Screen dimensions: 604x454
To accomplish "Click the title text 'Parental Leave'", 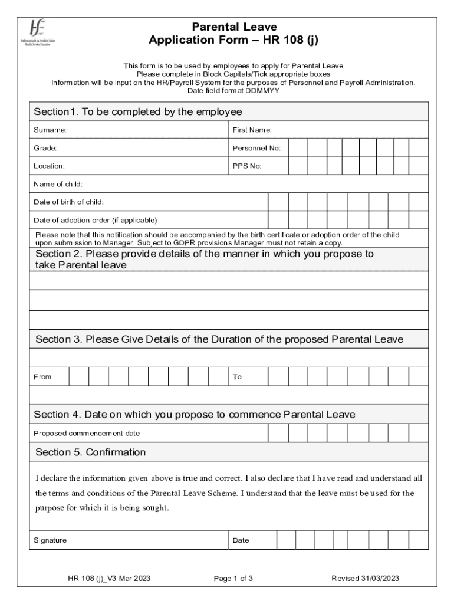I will pos(234,27).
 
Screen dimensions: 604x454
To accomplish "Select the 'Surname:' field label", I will pos(50,129).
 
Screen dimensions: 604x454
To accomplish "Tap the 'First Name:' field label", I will pos(252,129).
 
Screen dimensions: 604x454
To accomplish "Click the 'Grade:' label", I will pos(45,148).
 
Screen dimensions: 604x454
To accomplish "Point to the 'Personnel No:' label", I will pos(256,148).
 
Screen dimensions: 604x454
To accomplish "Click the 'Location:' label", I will pos(49,166).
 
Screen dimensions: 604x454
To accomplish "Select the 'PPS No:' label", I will pos(247,166).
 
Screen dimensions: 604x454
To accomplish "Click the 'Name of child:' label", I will pos(58,184).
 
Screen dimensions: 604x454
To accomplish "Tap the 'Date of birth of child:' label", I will pos(68,202).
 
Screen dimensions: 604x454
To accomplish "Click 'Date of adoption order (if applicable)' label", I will pos(95,221).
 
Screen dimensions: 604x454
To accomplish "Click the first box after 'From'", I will pos(79,376).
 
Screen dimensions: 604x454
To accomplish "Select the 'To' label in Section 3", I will pos(237,377).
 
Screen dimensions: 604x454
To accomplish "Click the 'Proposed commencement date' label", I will pos(87,434).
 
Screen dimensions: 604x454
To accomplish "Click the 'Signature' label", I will pos(50,540).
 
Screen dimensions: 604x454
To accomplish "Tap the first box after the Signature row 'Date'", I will pos(286,540).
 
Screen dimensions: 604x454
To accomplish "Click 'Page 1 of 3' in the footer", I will pos(233,579).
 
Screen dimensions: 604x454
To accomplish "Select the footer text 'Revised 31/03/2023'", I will pos(365,579).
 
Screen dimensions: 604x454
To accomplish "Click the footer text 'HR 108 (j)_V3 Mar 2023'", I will pos(109,579).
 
